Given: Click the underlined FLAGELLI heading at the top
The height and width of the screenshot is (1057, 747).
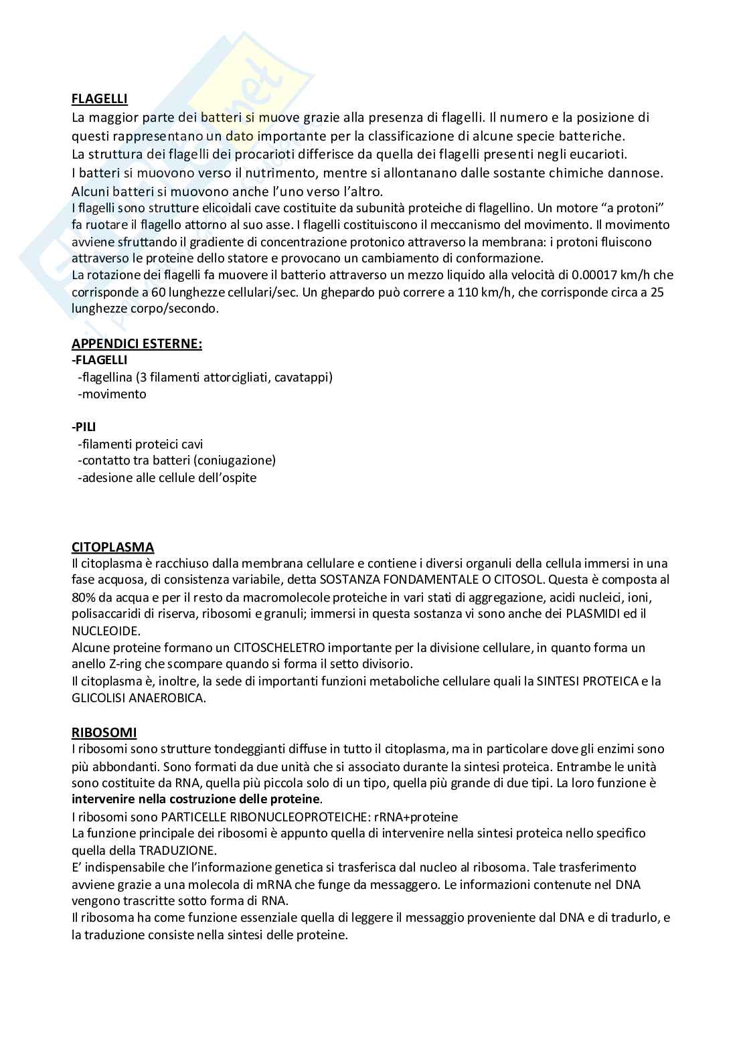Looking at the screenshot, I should coord(100,99).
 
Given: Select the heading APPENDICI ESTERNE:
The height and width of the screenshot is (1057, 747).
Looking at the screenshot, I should coord(137,343).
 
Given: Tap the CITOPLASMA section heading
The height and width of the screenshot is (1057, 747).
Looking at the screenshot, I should coord(112,547).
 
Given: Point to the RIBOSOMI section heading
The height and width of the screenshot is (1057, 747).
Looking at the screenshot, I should coord(104,732).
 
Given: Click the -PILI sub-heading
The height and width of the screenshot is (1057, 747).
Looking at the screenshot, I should coord(84,426).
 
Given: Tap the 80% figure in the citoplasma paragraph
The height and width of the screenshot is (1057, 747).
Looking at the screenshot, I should coord(84,596).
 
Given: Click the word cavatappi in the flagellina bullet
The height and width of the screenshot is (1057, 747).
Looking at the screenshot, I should coord(302,377).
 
